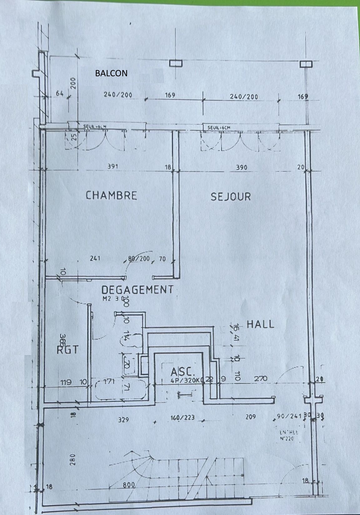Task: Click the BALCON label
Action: (x=111, y=73)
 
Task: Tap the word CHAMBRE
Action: (x=111, y=196)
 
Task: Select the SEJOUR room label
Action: (x=231, y=197)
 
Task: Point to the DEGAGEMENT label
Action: (x=137, y=290)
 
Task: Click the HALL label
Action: (x=260, y=324)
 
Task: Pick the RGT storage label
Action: (x=67, y=350)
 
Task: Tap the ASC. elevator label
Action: (x=183, y=372)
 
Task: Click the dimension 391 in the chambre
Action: (x=113, y=167)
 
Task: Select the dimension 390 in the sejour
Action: (x=241, y=167)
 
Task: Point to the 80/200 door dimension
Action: (x=139, y=259)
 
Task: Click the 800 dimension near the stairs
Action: (x=129, y=485)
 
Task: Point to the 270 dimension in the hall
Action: (x=261, y=379)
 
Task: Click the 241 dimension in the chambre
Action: (x=95, y=258)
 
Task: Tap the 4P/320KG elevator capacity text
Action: (x=187, y=380)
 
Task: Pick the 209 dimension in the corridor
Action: (x=251, y=417)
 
